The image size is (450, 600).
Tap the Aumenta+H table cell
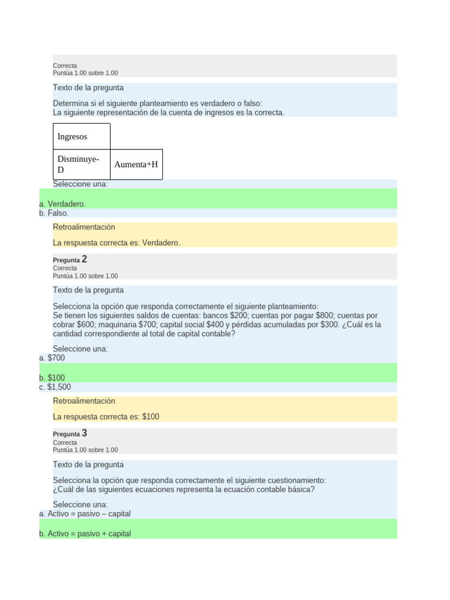[136, 165]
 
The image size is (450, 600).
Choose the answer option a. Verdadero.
[62, 204]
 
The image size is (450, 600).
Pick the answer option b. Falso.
[54, 213]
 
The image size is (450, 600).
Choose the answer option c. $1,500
[55, 387]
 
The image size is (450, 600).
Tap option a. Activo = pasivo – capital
[85, 514]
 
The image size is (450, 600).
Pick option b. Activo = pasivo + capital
[85, 534]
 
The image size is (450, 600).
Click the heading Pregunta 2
[70, 260]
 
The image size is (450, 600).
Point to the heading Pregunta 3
[70, 434]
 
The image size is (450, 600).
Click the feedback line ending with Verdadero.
[116, 243]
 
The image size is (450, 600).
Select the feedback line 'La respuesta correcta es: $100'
[106, 417]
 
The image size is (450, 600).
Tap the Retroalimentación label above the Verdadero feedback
[84, 227]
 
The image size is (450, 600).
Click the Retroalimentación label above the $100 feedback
[84, 401]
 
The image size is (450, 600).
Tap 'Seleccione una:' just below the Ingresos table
[80, 184]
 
